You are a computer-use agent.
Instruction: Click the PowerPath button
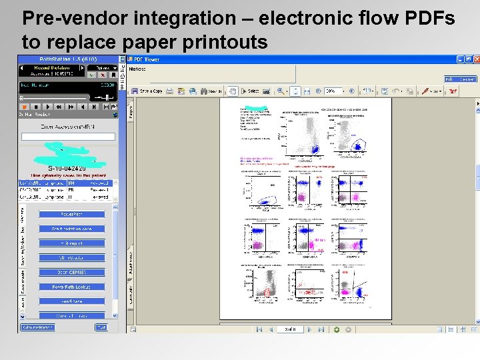72,214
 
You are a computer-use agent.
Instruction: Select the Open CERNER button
72,272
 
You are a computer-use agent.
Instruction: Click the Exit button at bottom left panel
101,327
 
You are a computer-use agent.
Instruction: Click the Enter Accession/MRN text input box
68,137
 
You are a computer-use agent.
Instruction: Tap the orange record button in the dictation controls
25,106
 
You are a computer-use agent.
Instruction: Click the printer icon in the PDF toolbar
170,91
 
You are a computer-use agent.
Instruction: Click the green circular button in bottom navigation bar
337,329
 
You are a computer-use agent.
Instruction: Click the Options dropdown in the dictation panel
105,67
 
